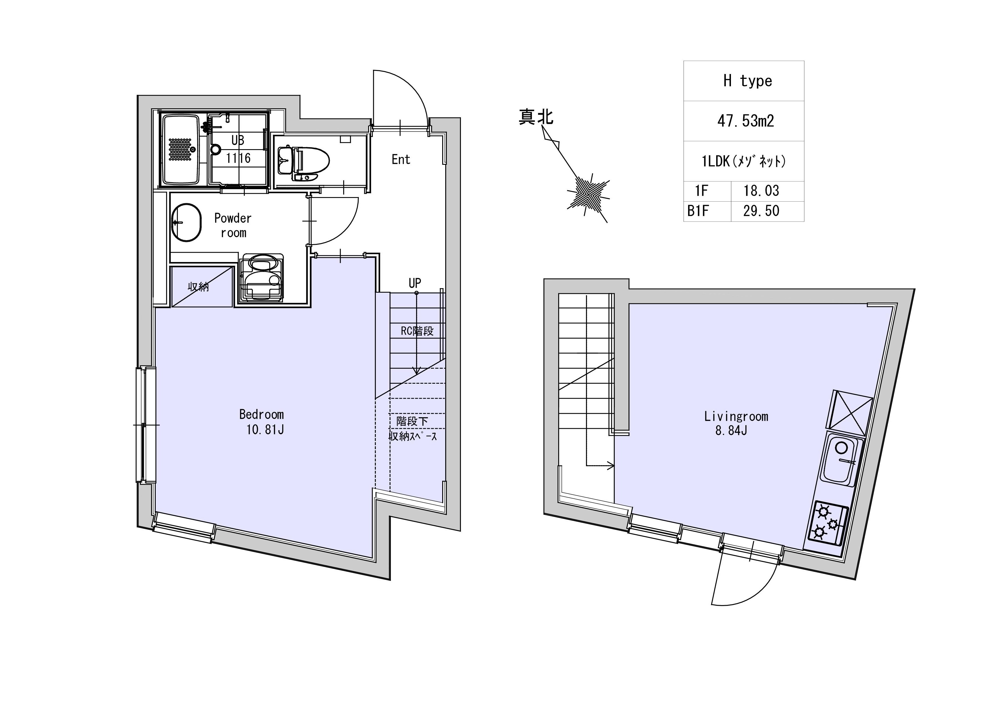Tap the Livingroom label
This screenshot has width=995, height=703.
pyautogui.click(x=736, y=417)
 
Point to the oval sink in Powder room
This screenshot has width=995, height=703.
pyautogui.click(x=186, y=222)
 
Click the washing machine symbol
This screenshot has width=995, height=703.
pyautogui.click(x=261, y=277)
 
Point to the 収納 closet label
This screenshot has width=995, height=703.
pyautogui.click(x=199, y=287)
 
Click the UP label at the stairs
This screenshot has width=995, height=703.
pyautogui.click(x=415, y=283)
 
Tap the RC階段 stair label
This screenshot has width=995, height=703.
pyautogui.click(x=417, y=331)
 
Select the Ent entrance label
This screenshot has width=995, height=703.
pyautogui.click(x=400, y=159)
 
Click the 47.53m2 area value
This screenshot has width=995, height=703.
pyautogui.click(x=745, y=121)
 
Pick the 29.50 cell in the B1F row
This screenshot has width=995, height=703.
pyautogui.click(x=761, y=211)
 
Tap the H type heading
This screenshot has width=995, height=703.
pyautogui.click(x=748, y=81)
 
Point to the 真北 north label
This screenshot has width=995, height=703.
pyautogui.click(x=536, y=117)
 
